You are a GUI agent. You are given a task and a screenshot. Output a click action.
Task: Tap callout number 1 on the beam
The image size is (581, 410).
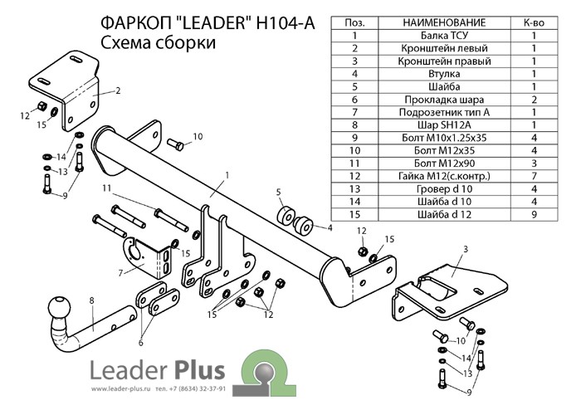click(225, 175)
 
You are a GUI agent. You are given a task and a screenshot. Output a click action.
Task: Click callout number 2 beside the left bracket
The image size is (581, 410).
click(118, 90)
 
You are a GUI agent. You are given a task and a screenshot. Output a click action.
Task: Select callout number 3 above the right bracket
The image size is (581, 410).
click(466, 249)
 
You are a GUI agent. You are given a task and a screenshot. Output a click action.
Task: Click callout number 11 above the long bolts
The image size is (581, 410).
click(105, 189)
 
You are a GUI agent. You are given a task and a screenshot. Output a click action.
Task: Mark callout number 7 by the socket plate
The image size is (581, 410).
click(121, 271)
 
